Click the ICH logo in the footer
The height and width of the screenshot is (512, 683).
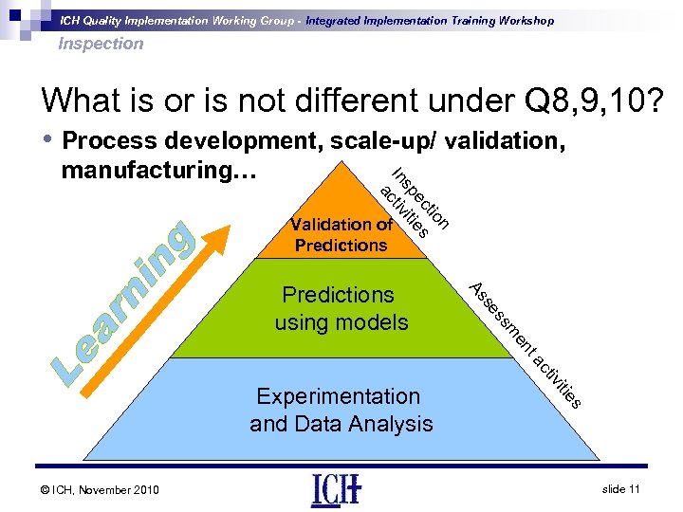[336, 488]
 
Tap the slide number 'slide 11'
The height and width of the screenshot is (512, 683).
[621, 488]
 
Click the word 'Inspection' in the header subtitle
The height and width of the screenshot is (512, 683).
[101, 44]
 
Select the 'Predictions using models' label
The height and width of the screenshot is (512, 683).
[341, 309]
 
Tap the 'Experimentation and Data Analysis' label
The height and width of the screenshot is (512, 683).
[341, 410]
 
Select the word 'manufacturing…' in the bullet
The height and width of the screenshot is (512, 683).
[143, 172]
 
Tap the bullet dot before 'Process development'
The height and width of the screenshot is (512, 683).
[46, 140]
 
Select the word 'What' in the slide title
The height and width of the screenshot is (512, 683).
[79, 101]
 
